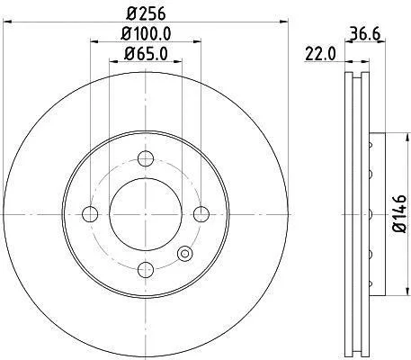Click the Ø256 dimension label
tap(146, 13)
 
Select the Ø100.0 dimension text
tap(146, 33)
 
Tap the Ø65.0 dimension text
tap(146, 54)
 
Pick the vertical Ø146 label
tap(399, 213)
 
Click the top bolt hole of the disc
tap(146, 158)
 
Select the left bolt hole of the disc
tap(90, 214)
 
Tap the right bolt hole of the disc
tap(201, 214)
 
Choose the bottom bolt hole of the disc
tap(146, 270)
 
